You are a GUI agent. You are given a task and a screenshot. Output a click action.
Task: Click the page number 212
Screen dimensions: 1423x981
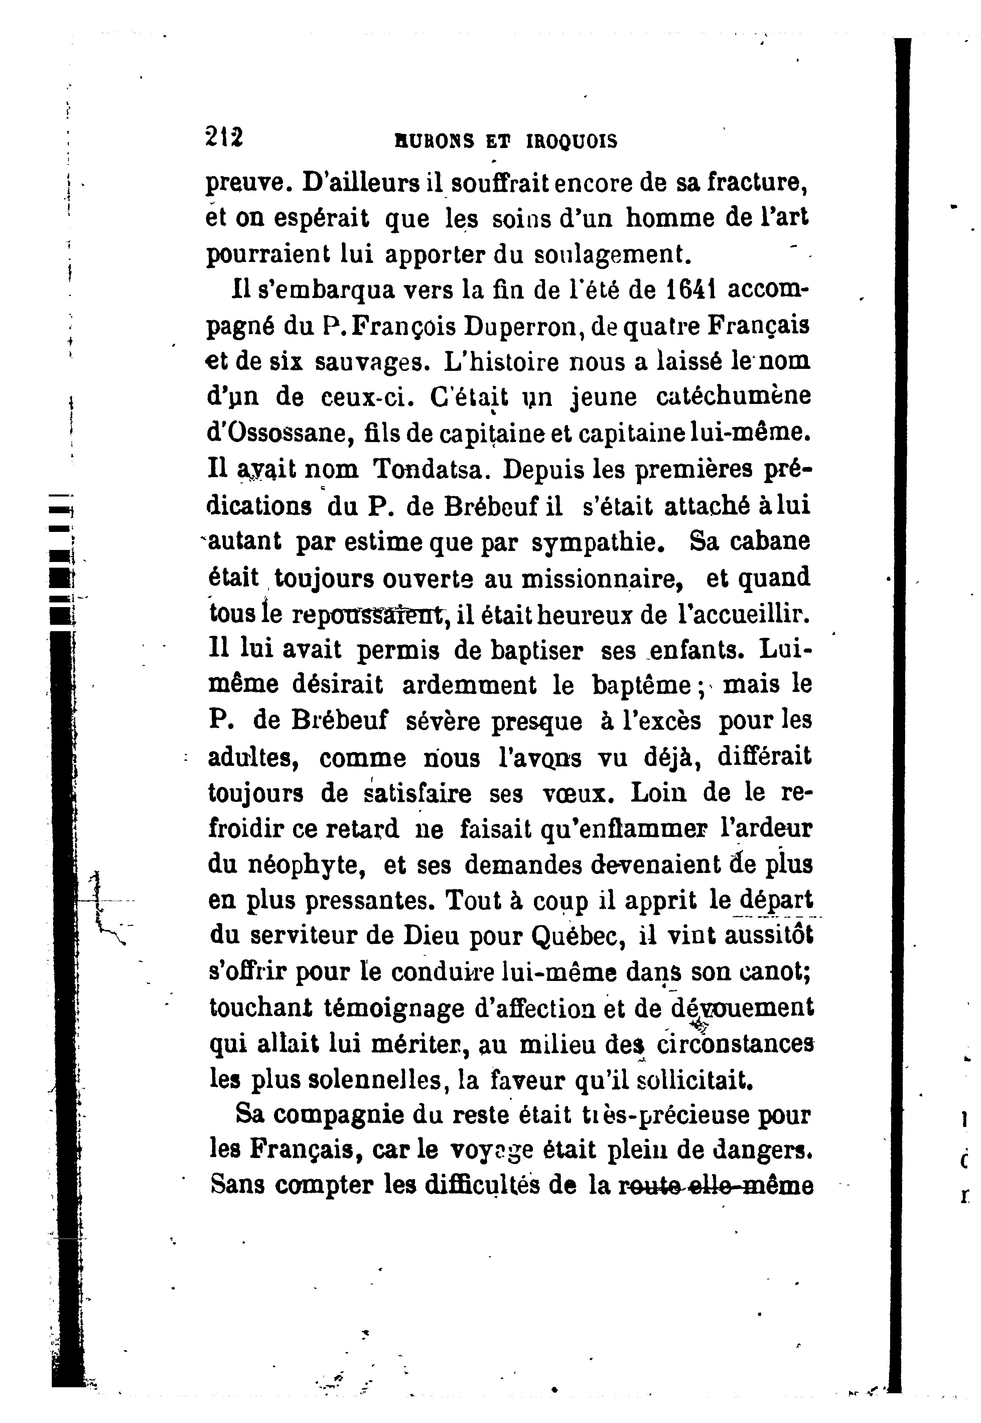[224, 136]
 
